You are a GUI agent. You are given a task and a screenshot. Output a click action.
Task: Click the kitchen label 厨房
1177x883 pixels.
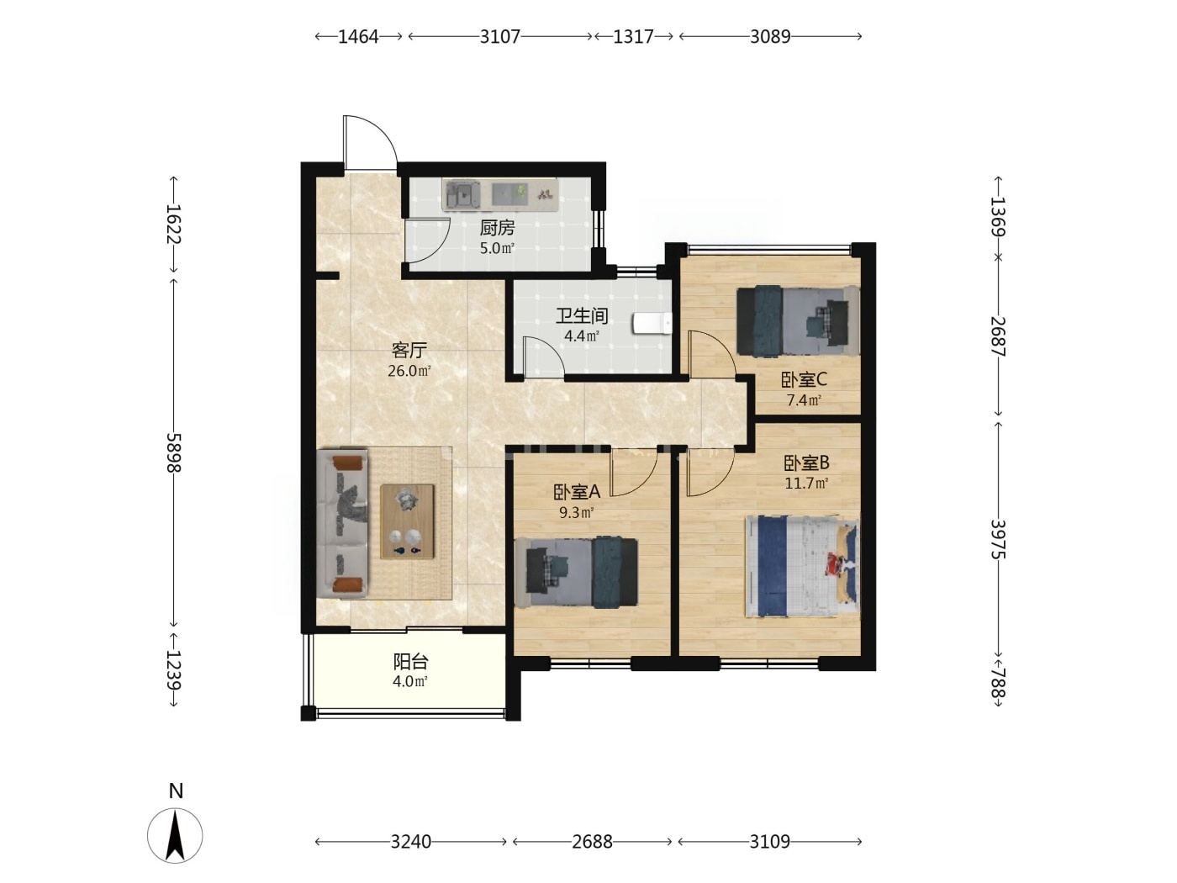(x=497, y=228)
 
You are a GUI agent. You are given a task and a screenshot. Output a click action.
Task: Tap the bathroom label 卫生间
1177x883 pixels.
(x=581, y=316)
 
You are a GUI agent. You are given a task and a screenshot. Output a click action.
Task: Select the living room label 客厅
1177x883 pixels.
(x=409, y=350)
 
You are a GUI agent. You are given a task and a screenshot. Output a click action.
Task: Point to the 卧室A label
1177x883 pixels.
(x=577, y=492)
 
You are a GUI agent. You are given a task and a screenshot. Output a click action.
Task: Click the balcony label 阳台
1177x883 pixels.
(x=410, y=662)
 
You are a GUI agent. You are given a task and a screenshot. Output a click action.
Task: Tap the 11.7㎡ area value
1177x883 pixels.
(x=806, y=483)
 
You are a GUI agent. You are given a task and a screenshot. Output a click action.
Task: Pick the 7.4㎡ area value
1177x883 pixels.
(x=803, y=400)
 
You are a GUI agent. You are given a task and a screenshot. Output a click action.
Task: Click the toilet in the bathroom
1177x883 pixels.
(x=652, y=323)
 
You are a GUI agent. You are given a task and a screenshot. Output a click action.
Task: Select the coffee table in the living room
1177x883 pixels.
(x=407, y=521)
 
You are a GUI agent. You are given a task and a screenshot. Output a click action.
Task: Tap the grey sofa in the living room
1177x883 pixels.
(x=342, y=523)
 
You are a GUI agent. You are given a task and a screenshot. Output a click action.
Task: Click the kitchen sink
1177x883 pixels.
(x=462, y=194)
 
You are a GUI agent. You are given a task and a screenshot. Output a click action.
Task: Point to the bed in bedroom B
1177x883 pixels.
(x=802, y=566)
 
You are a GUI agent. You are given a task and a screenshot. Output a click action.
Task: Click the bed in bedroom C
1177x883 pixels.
(x=798, y=321)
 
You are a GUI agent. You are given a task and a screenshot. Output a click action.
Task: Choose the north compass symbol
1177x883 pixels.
(x=175, y=835)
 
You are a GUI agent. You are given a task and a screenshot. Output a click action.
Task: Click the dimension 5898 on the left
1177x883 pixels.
(x=174, y=452)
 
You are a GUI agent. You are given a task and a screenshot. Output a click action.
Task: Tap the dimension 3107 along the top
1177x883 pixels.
(x=499, y=36)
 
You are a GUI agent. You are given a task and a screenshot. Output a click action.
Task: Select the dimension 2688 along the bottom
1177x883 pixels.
(x=592, y=842)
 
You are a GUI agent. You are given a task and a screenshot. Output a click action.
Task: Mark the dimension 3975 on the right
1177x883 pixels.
(x=997, y=539)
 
